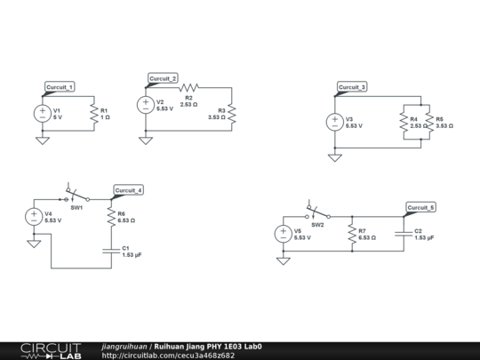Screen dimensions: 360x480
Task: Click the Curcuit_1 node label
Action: (x=60, y=86)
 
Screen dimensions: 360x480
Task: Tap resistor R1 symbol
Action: (x=92, y=113)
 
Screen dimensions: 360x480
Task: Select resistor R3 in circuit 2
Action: (x=232, y=113)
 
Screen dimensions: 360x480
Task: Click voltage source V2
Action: (x=145, y=105)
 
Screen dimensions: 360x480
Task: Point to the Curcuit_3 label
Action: (x=352, y=87)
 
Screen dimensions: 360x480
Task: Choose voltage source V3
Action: (x=335, y=122)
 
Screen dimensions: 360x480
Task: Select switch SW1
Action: (x=76, y=196)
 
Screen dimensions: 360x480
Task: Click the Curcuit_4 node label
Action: (x=128, y=190)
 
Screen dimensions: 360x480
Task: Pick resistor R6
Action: (x=110, y=216)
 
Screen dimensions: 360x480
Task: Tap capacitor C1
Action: (x=110, y=251)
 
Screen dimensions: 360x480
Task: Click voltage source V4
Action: (x=34, y=216)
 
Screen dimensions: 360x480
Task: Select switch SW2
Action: (x=317, y=214)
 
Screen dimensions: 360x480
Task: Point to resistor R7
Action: (x=352, y=234)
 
